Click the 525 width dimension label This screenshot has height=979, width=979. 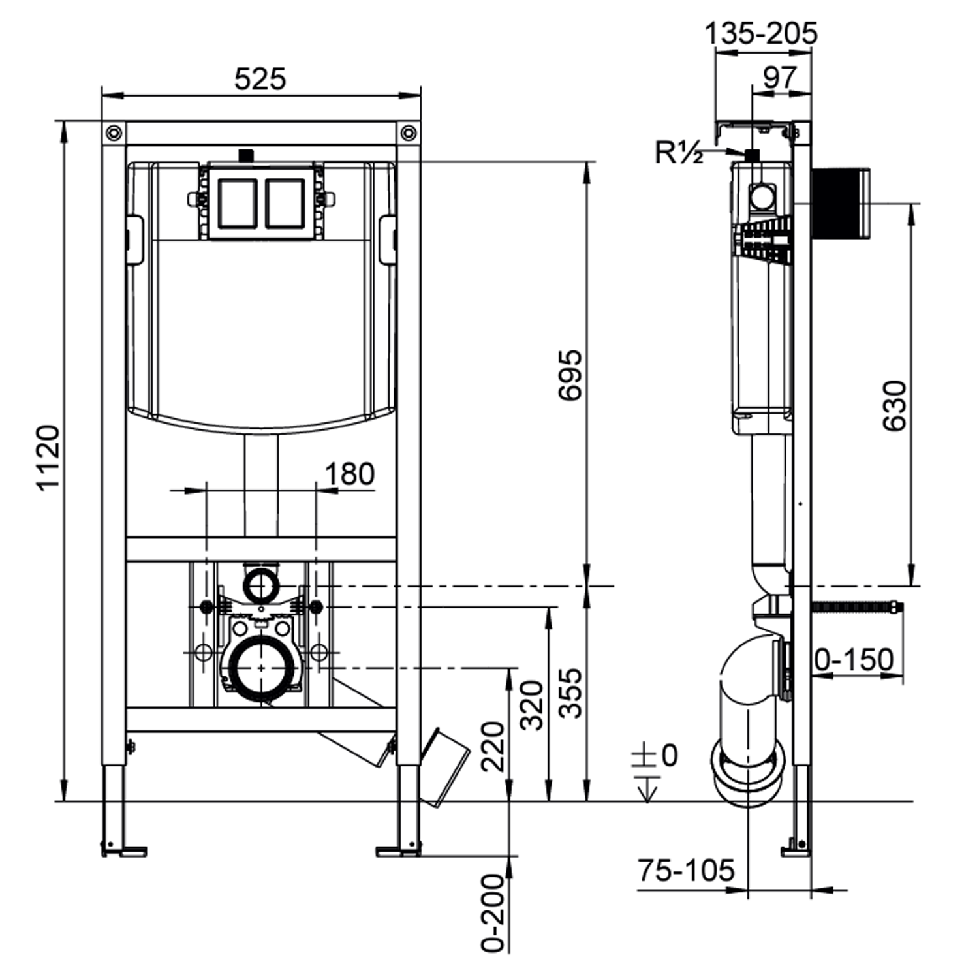coord(260,80)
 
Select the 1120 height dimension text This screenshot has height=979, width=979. coord(48,458)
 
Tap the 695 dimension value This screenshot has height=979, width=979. coord(570,375)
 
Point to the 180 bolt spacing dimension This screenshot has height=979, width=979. coord(350,474)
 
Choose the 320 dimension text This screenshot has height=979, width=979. coord(531,705)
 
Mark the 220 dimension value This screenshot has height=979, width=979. coord(493,746)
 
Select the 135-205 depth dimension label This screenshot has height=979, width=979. coord(760,33)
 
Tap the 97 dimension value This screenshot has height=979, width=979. coord(780,78)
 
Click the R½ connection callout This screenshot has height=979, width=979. coord(679,153)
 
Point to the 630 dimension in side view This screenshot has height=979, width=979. coord(894,405)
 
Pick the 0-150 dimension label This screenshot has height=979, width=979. coord(854,660)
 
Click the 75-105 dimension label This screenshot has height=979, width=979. coord(685,870)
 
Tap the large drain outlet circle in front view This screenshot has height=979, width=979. coord(261,669)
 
